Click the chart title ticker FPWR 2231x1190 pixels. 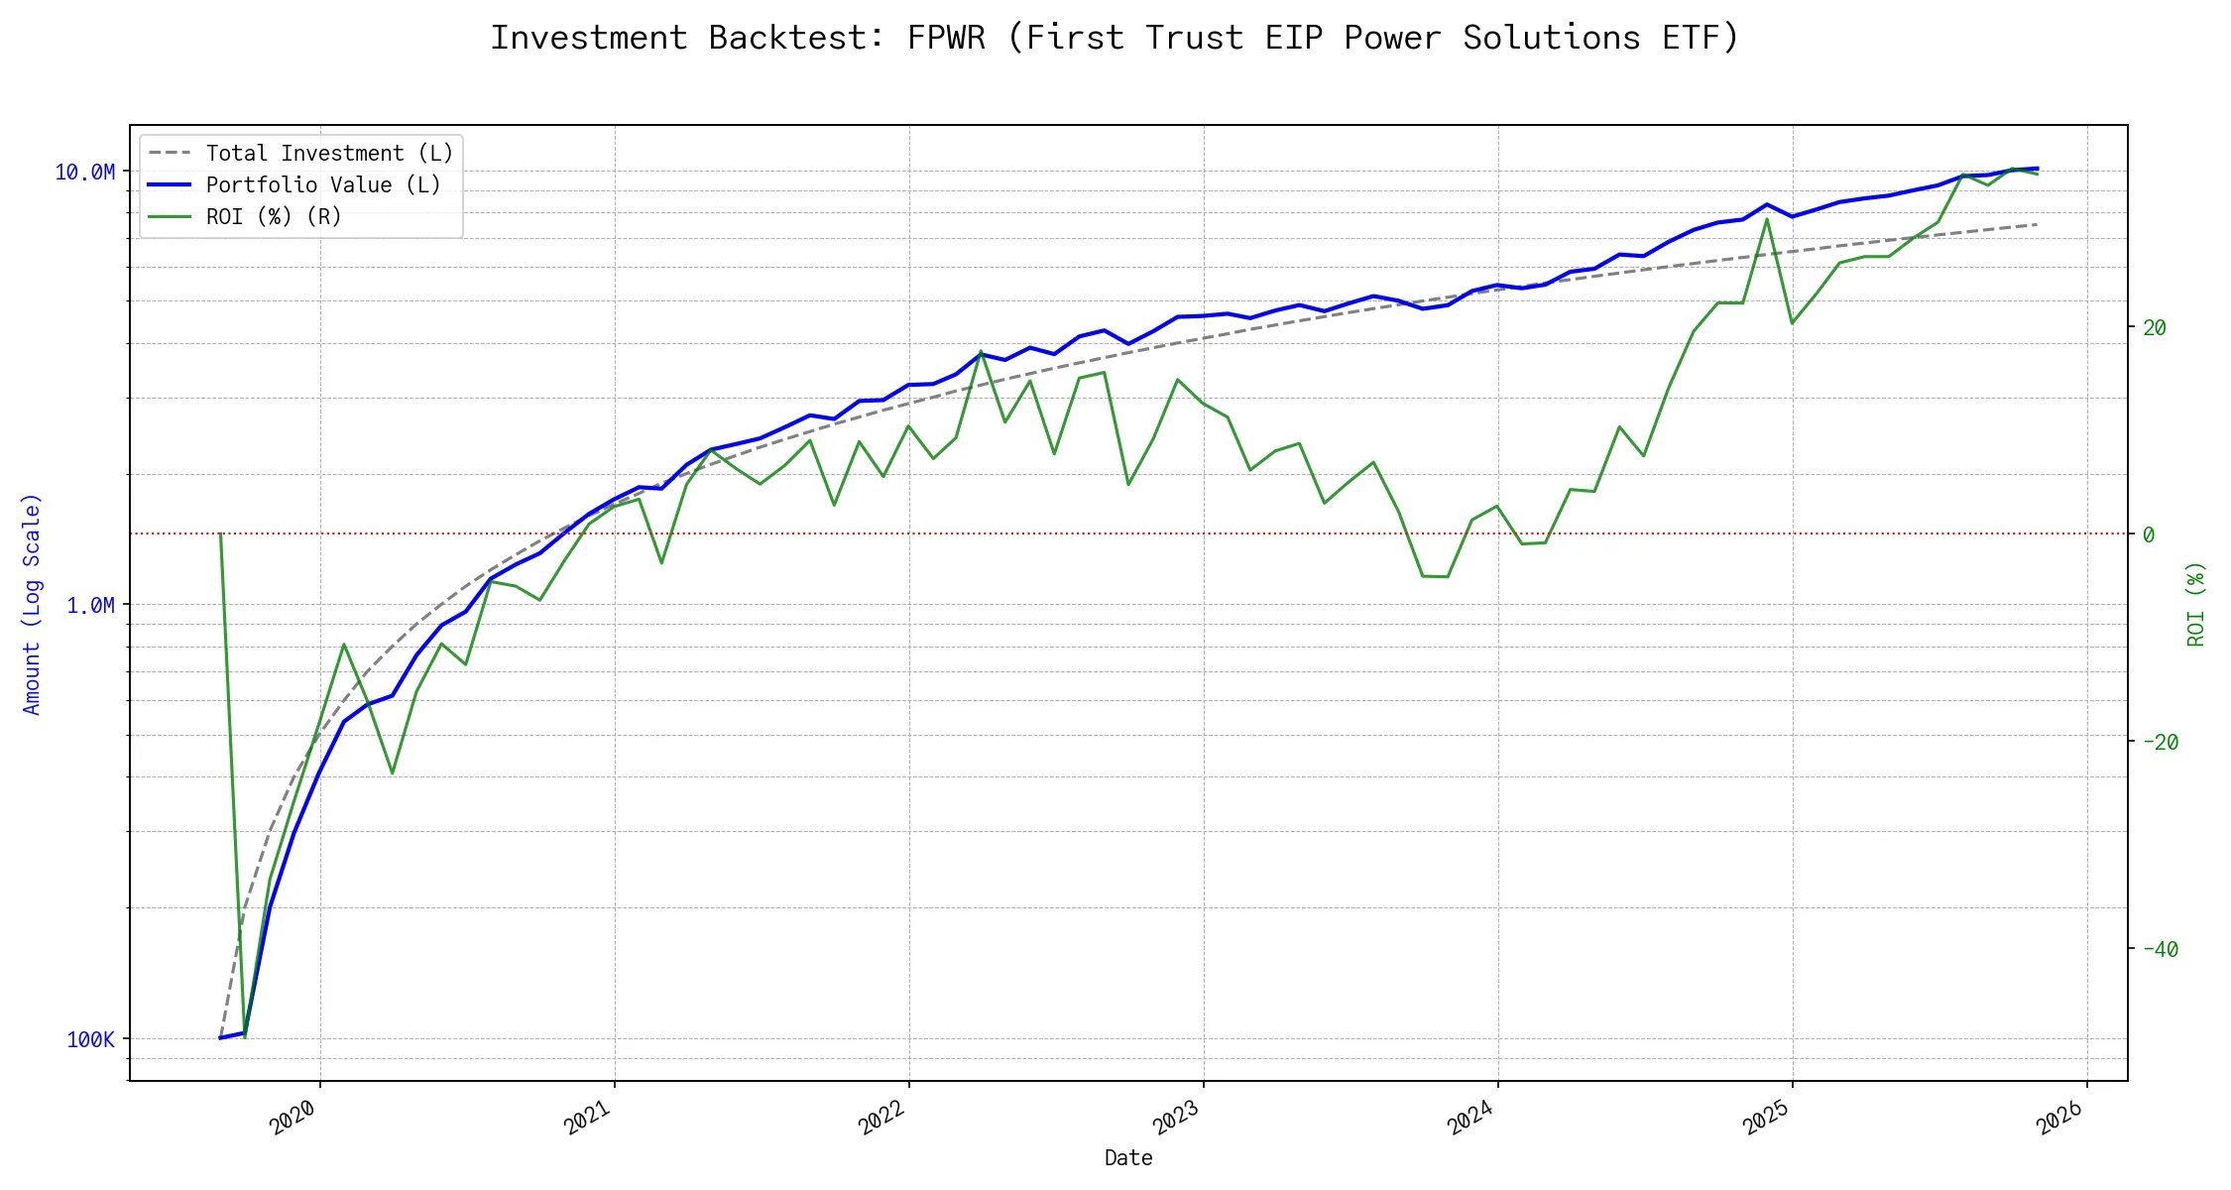pos(946,38)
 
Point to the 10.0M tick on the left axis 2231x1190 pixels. pos(84,173)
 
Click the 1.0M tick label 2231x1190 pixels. pos(90,605)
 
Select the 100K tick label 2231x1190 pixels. pos(90,1039)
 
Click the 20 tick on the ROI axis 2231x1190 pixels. pos(2155,327)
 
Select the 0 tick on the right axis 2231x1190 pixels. pos(2149,535)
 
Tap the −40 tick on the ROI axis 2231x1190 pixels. pos(2161,949)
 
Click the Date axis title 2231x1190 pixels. pos(1128,1158)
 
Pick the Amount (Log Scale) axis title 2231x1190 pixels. pos(32,604)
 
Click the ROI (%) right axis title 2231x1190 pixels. pos(2195,604)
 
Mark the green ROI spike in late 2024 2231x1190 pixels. pos(1767,219)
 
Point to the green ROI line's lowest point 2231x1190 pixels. pos(245,1036)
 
